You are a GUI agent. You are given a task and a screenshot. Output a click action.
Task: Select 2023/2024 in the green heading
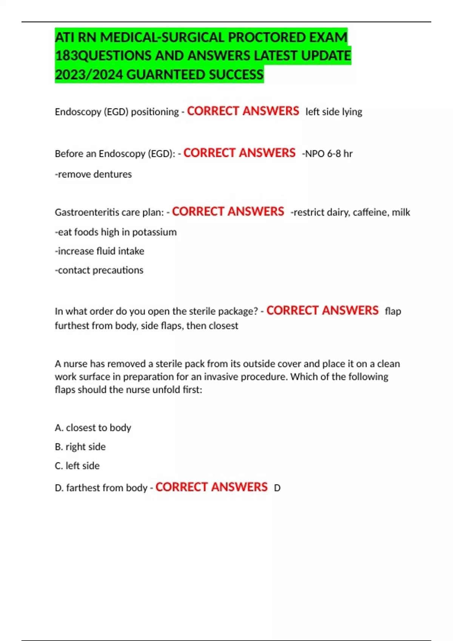[x=89, y=75]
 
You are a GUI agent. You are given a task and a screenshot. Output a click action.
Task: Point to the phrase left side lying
[x=334, y=112]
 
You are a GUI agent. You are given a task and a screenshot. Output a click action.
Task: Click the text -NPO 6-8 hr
[x=327, y=154]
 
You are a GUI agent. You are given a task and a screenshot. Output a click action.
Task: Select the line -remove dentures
[x=93, y=174]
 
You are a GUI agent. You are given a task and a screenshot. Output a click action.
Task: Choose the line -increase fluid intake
[x=99, y=251]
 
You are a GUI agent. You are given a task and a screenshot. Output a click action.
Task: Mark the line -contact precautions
[x=99, y=270]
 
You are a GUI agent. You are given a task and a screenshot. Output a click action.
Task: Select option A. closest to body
[x=93, y=428]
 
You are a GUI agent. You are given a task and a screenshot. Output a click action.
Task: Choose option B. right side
[x=80, y=447]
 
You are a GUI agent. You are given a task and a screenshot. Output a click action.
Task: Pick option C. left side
[x=77, y=466]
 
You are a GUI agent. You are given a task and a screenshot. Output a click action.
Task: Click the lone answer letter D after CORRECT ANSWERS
[x=277, y=488]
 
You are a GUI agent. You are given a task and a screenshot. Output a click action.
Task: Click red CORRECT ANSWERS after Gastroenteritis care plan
[x=228, y=212]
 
